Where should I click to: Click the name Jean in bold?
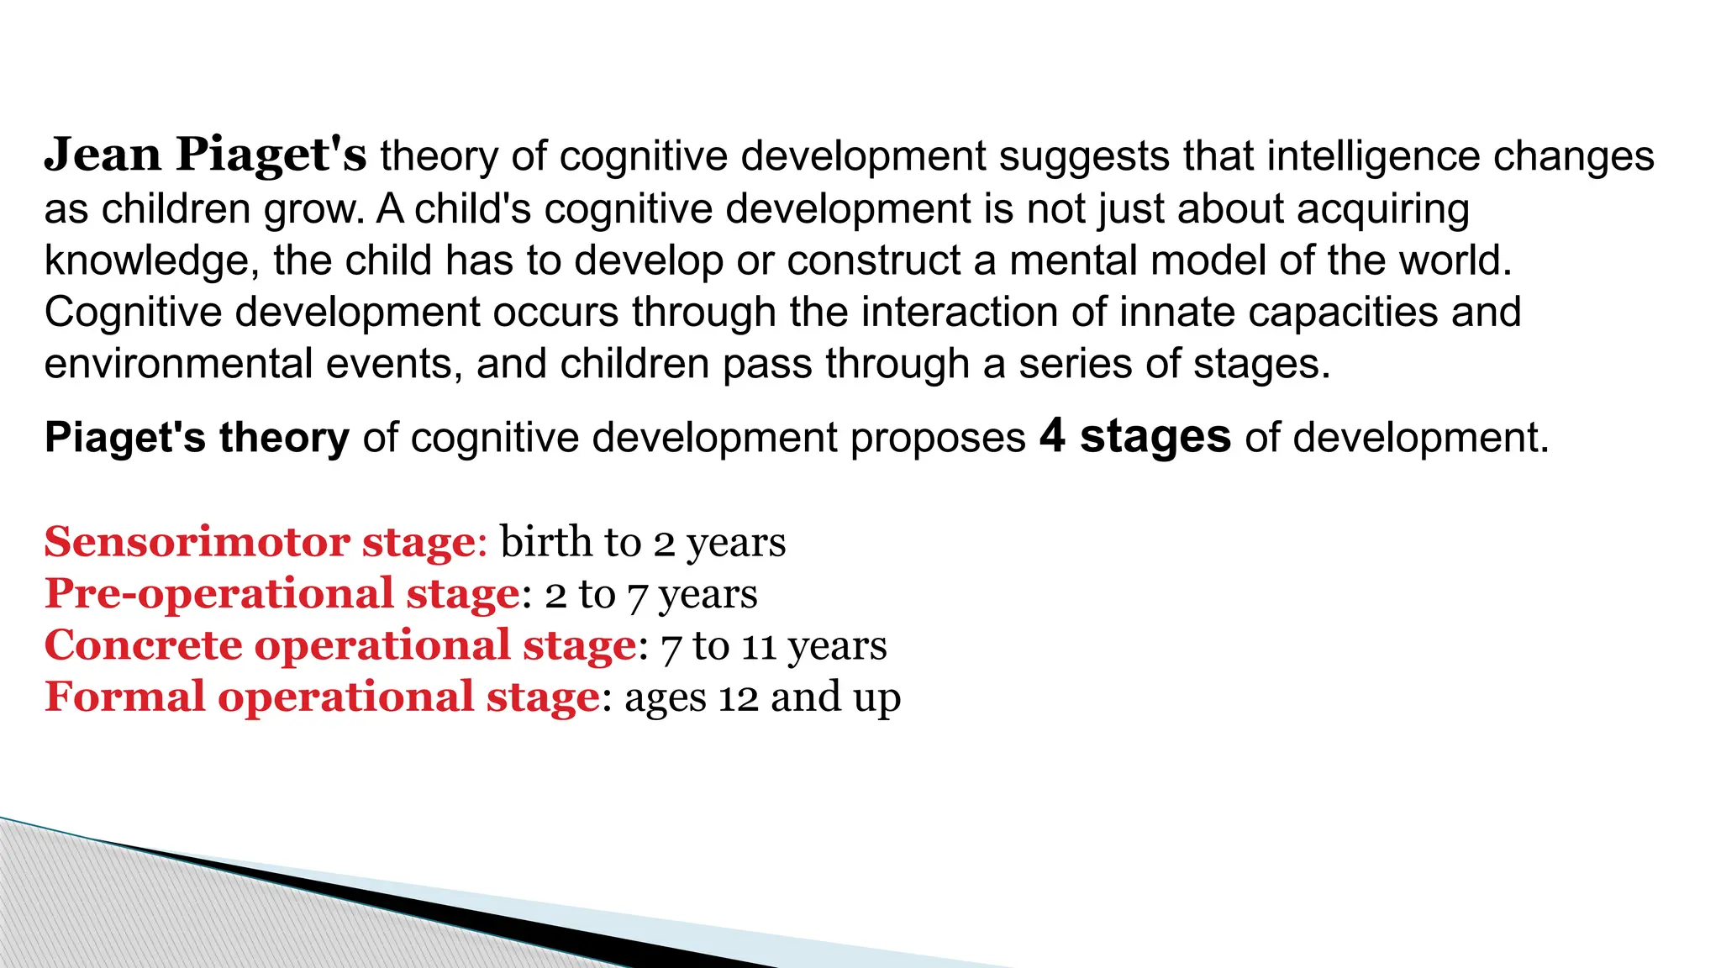tap(103, 155)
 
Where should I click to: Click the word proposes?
tap(938, 439)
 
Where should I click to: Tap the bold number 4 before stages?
tap(1053, 437)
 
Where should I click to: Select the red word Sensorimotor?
tap(197, 542)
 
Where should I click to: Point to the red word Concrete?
tap(143, 646)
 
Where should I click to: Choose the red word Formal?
tap(124, 697)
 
